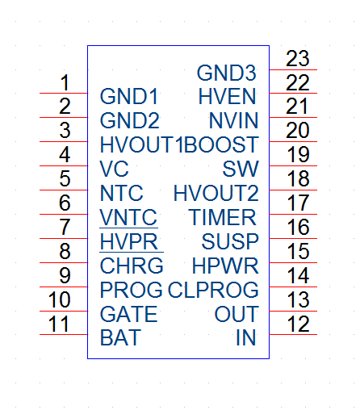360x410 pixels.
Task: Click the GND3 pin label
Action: pyautogui.click(x=227, y=73)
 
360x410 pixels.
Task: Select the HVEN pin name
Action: pyautogui.click(x=227, y=97)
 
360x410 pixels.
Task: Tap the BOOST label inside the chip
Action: pyautogui.click(x=221, y=144)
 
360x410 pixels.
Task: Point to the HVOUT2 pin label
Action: pyautogui.click(x=216, y=193)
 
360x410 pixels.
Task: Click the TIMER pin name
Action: pyautogui.click(x=222, y=217)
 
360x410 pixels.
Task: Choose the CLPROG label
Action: pyautogui.click(x=213, y=290)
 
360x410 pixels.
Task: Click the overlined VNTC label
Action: pyautogui.click(x=128, y=217)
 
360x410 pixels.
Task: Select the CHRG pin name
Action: pyautogui.click(x=132, y=266)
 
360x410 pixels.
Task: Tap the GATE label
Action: pyautogui.click(x=128, y=314)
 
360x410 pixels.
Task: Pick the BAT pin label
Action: pyautogui.click(x=120, y=337)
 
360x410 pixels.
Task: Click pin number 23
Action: pyautogui.click(x=297, y=59)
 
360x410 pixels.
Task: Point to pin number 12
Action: pyautogui.click(x=298, y=324)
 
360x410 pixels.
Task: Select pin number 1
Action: pyautogui.click(x=65, y=82)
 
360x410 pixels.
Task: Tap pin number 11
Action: pyautogui.click(x=59, y=324)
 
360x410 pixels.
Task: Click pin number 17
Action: pyautogui.click(x=298, y=203)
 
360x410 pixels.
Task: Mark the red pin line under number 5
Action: pyautogui.click(x=64, y=190)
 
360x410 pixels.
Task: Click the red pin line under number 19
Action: pyautogui.click(x=293, y=165)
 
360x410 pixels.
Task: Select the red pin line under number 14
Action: pyautogui.click(x=293, y=287)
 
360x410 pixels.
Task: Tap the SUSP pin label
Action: pyautogui.click(x=230, y=241)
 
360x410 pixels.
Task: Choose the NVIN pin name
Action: pyautogui.click(x=233, y=121)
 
